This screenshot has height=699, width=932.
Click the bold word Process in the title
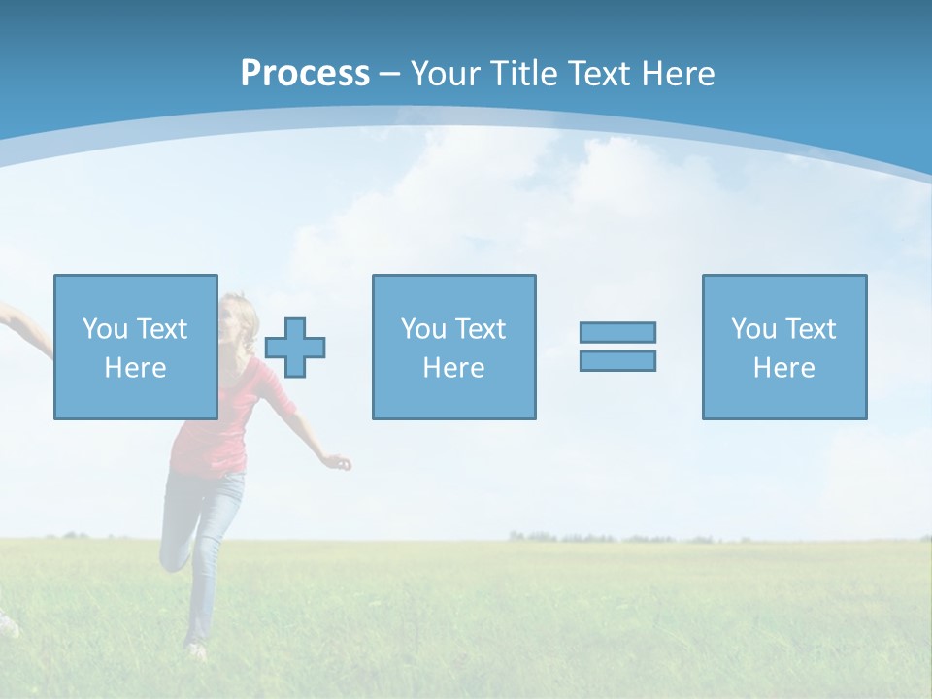[x=305, y=74]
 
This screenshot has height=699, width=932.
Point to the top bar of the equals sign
[x=617, y=332]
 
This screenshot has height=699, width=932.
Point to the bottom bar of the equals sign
[x=617, y=360]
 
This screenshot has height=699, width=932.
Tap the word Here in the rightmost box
[x=783, y=367]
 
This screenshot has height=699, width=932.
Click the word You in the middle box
[x=423, y=329]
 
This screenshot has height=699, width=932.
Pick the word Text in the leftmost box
[x=163, y=329]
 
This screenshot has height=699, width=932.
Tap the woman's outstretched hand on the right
[x=340, y=462]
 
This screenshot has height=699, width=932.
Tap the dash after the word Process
[x=389, y=74]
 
